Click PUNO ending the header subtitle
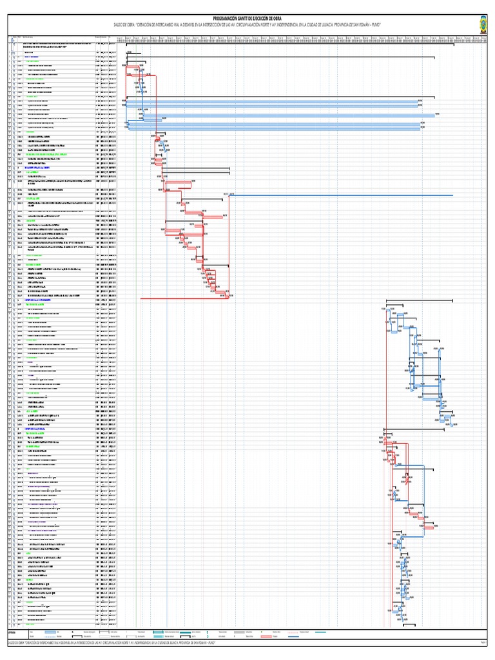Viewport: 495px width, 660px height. [374, 26]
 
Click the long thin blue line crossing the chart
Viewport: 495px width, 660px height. [342, 195]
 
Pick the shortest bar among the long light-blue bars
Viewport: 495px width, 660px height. [143, 119]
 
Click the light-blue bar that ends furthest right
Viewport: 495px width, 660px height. [281, 115]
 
